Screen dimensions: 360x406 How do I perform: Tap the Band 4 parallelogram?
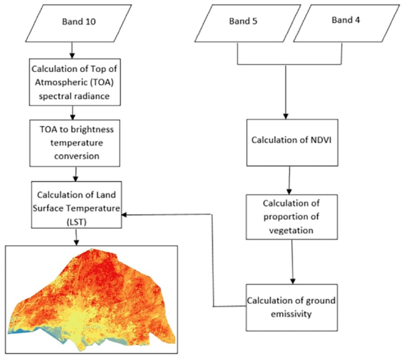[345, 23]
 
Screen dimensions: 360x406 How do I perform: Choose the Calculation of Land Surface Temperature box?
[76, 204]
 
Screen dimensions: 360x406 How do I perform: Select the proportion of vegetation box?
[291, 217]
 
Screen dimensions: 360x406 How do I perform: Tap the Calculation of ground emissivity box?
[291, 307]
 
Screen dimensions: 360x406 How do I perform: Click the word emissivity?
[291, 313]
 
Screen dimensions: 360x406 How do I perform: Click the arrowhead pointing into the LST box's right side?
[125, 214]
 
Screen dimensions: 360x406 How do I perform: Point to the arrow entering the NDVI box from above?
[286, 93]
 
